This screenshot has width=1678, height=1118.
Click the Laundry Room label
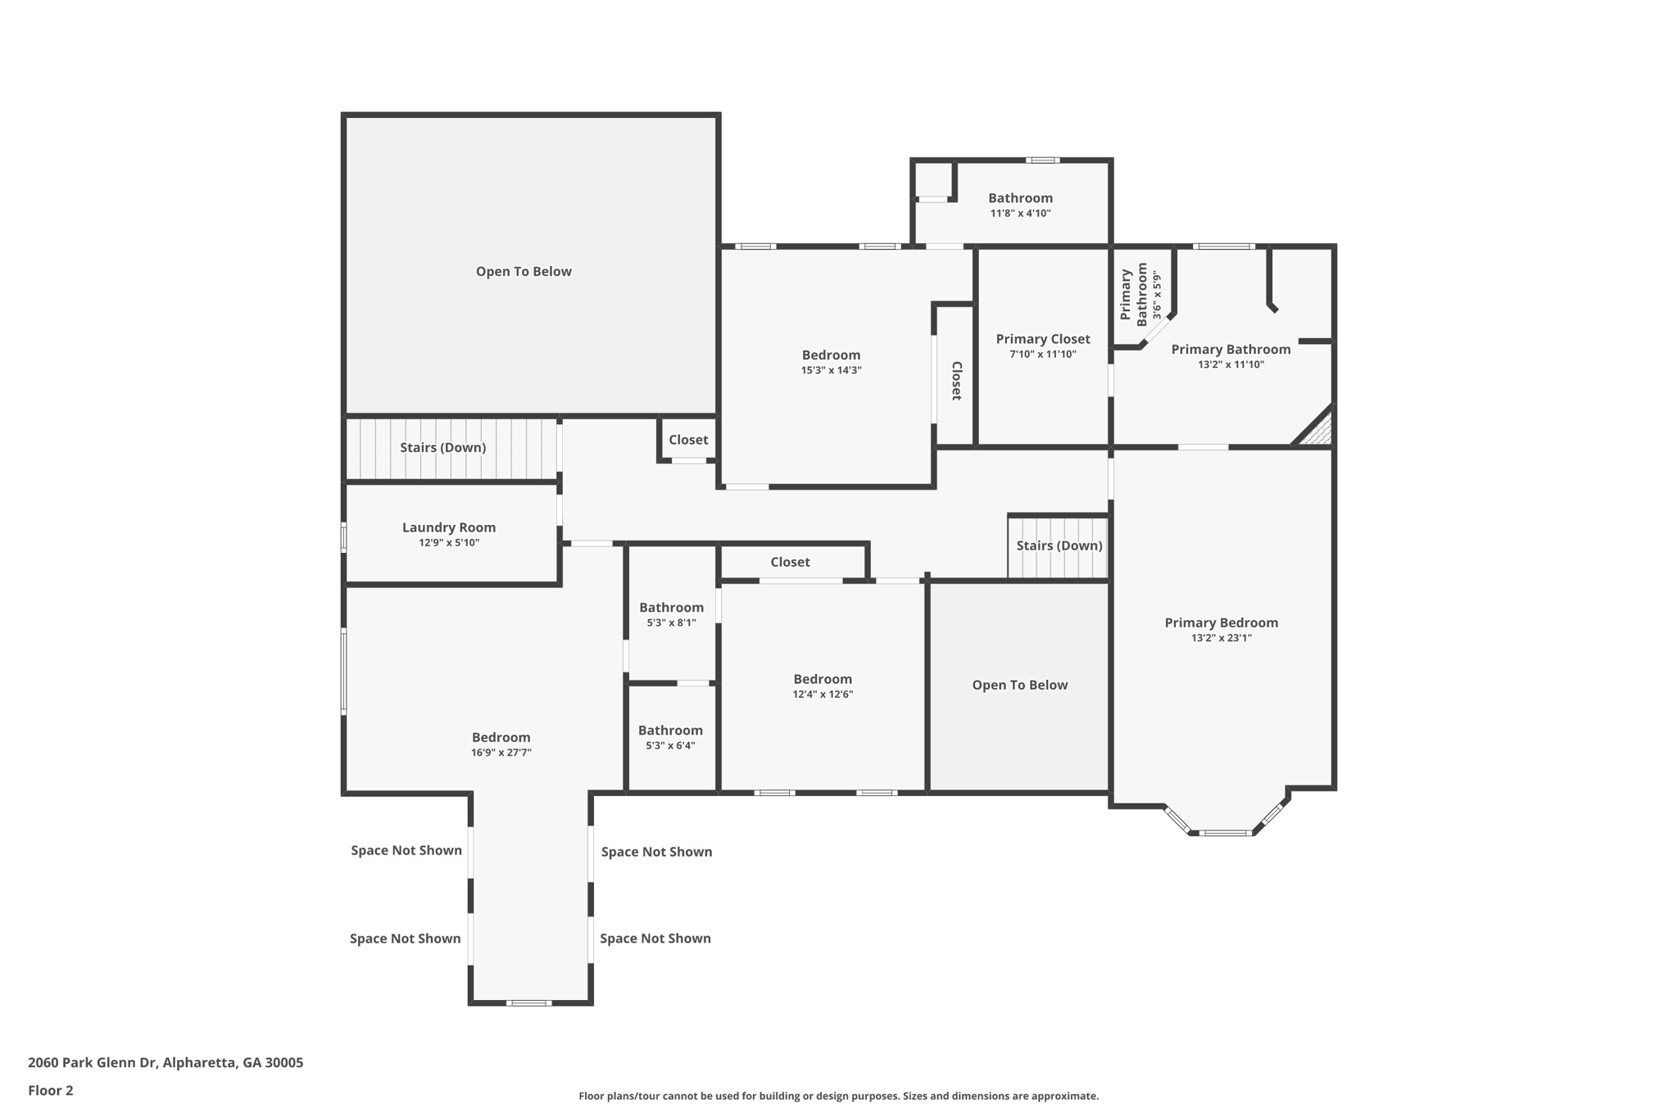pyautogui.click(x=449, y=527)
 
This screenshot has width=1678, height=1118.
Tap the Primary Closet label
pyautogui.click(x=1043, y=339)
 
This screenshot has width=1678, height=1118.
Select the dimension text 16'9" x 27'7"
pyautogui.click(x=501, y=753)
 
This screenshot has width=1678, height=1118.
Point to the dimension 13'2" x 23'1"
pyautogui.click(x=1222, y=638)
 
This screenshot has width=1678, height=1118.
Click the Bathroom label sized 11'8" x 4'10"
pyautogui.click(x=1020, y=198)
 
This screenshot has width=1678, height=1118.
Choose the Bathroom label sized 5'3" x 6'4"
pyautogui.click(x=670, y=731)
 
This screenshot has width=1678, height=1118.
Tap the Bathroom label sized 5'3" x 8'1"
pyautogui.click(x=671, y=608)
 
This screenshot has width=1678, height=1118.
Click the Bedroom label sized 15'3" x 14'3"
pyautogui.click(x=831, y=355)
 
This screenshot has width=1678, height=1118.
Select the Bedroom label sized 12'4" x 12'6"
pyautogui.click(x=823, y=679)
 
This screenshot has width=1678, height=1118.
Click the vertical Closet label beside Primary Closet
pyautogui.click(x=956, y=381)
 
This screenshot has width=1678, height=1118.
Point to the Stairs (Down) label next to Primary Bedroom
pyautogui.click(x=1059, y=545)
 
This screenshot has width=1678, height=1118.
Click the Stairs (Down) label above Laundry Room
pyautogui.click(x=443, y=447)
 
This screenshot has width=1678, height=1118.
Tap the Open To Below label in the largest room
pyautogui.click(x=524, y=272)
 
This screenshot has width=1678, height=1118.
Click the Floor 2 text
pyautogui.click(x=51, y=1090)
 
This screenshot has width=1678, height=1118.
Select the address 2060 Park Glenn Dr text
pyautogui.click(x=92, y=1062)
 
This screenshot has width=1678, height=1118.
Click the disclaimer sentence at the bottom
pyautogui.click(x=838, y=1096)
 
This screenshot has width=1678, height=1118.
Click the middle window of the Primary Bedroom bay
pyautogui.click(x=1227, y=833)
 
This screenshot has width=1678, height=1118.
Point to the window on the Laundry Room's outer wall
pyautogui.click(x=344, y=538)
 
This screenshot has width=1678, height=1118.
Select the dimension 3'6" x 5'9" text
pyautogui.click(x=1157, y=295)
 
